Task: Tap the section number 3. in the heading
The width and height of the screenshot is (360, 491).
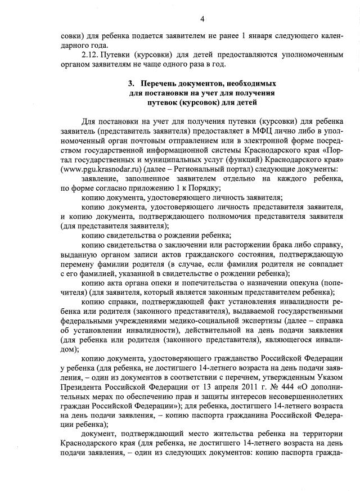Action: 132,83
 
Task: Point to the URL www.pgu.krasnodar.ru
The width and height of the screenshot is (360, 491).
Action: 98,168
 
